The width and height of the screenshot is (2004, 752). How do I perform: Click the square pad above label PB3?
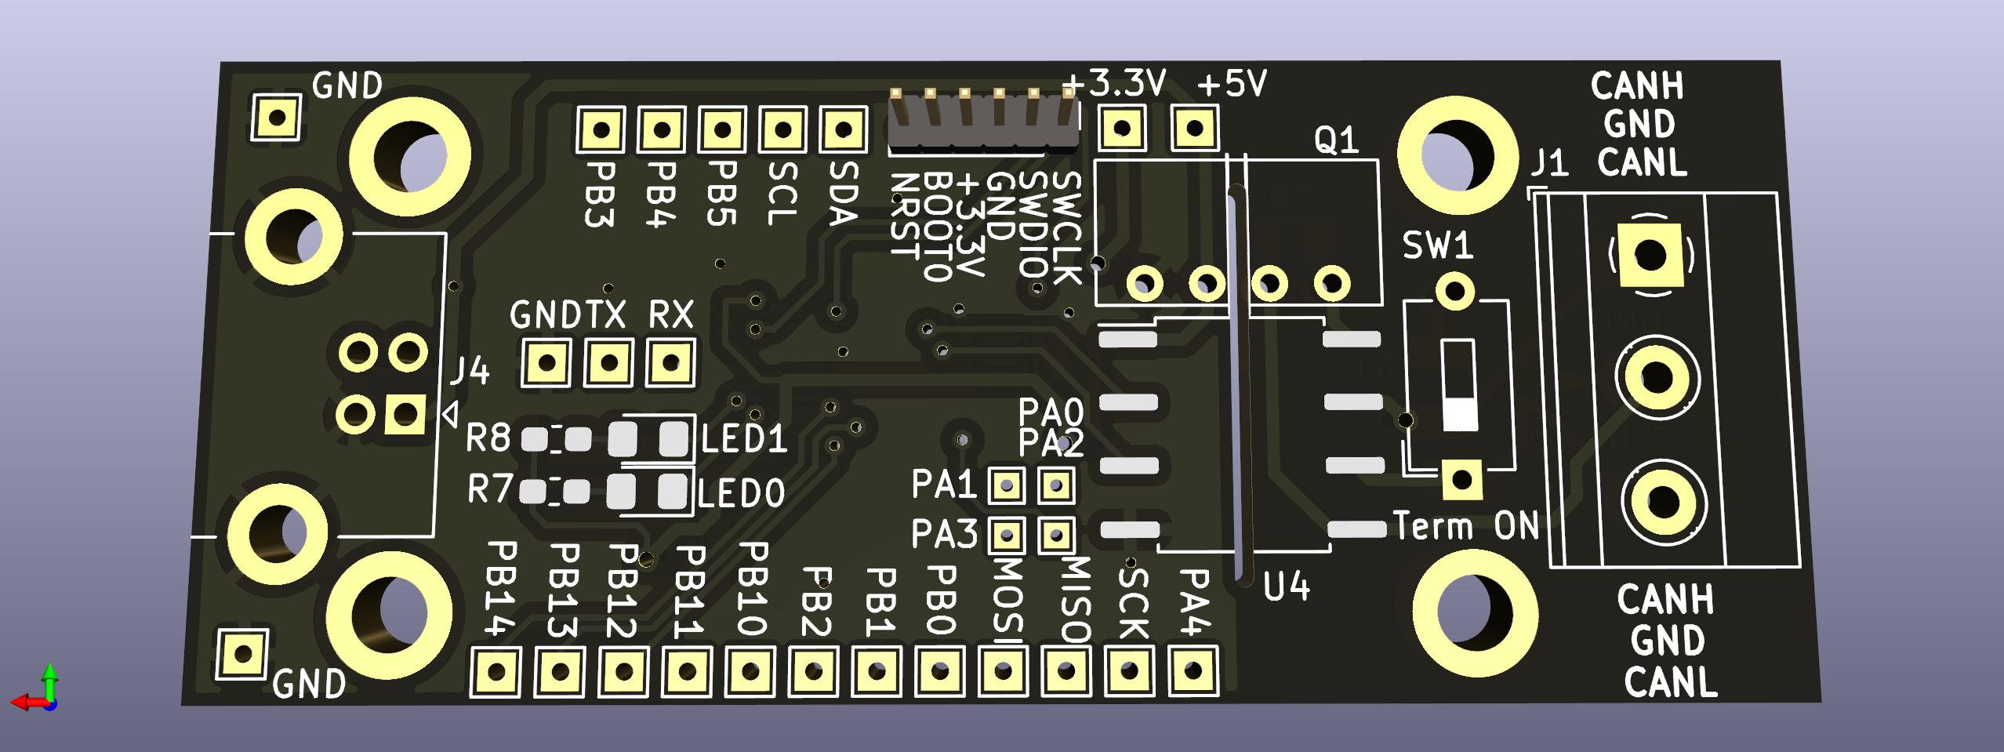pyautogui.click(x=601, y=129)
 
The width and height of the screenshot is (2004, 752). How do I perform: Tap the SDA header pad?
pyautogui.click(x=843, y=129)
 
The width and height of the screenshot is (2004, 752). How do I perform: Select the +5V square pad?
pyautogui.click(x=1194, y=128)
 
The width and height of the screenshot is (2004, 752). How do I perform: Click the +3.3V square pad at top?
pyautogui.click(x=1123, y=128)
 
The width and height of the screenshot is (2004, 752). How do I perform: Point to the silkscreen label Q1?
pyautogui.click(x=1336, y=141)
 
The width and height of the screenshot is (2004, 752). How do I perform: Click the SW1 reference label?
pyautogui.click(x=1438, y=247)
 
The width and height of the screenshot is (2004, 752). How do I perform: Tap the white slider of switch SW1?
pyautogui.click(x=1459, y=412)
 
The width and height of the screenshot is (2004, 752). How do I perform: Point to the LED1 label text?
pyautogui.click(x=743, y=440)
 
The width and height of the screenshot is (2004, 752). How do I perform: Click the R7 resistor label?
pyautogui.click(x=488, y=490)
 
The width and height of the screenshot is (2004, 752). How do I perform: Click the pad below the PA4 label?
pyautogui.click(x=1193, y=670)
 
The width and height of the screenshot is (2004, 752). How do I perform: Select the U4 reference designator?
pyautogui.click(x=1287, y=587)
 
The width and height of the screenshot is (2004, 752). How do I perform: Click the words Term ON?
pyautogui.click(x=1466, y=526)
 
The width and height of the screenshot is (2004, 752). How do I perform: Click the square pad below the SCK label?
pyautogui.click(x=1129, y=670)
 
